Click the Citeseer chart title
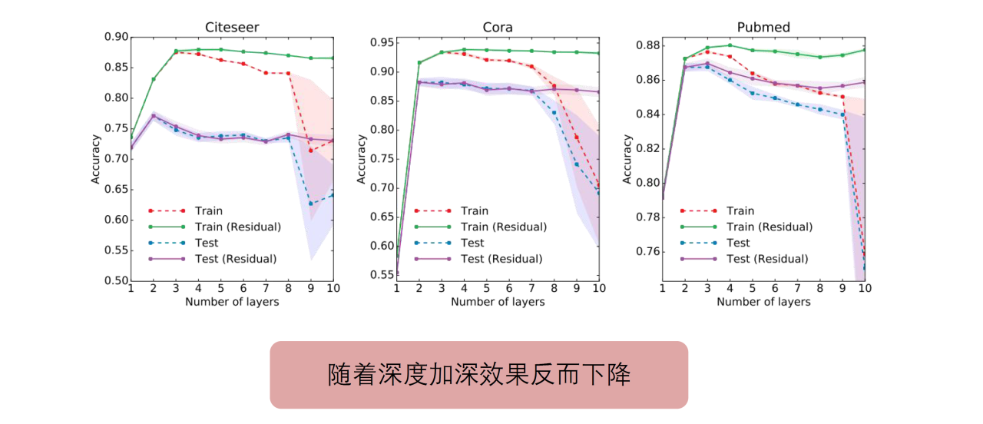pyautogui.click(x=232, y=28)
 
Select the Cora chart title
pyautogui.click(x=498, y=28)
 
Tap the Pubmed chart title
pyautogui.click(x=763, y=28)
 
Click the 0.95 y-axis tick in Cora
pyautogui.click(x=381, y=42)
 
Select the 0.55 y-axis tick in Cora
pyautogui.click(x=381, y=274)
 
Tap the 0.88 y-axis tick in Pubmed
pyautogui.click(x=647, y=45)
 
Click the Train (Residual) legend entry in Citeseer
pyautogui.click(x=238, y=227)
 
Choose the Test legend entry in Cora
pyautogui.click(x=472, y=243)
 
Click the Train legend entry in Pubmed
pyautogui.click(x=740, y=210)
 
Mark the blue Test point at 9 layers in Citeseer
pyautogui.click(x=311, y=204)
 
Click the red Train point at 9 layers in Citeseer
pyautogui.click(x=311, y=151)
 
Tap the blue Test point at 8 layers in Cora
pyautogui.click(x=554, y=113)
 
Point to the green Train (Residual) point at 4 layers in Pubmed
pyautogui.click(x=730, y=45)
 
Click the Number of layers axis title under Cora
pyautogui.click(x=498, y=302)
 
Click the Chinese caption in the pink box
pyautogui.click(x=478, y=375)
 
